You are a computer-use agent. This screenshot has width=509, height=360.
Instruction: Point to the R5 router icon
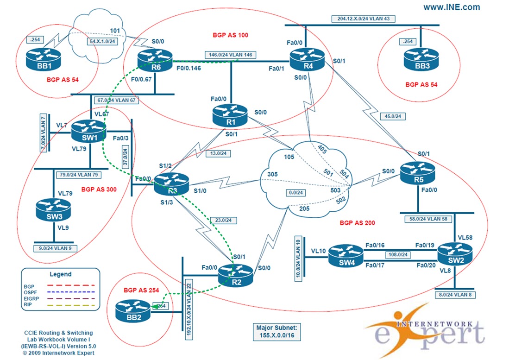point(418,171)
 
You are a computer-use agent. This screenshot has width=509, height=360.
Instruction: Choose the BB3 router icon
point(420,58)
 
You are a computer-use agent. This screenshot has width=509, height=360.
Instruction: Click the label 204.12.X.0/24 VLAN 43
point(363,19)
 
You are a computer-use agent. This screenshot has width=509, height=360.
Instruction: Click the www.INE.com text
point(451,7)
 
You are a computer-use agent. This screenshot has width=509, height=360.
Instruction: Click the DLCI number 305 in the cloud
point(272,175)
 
